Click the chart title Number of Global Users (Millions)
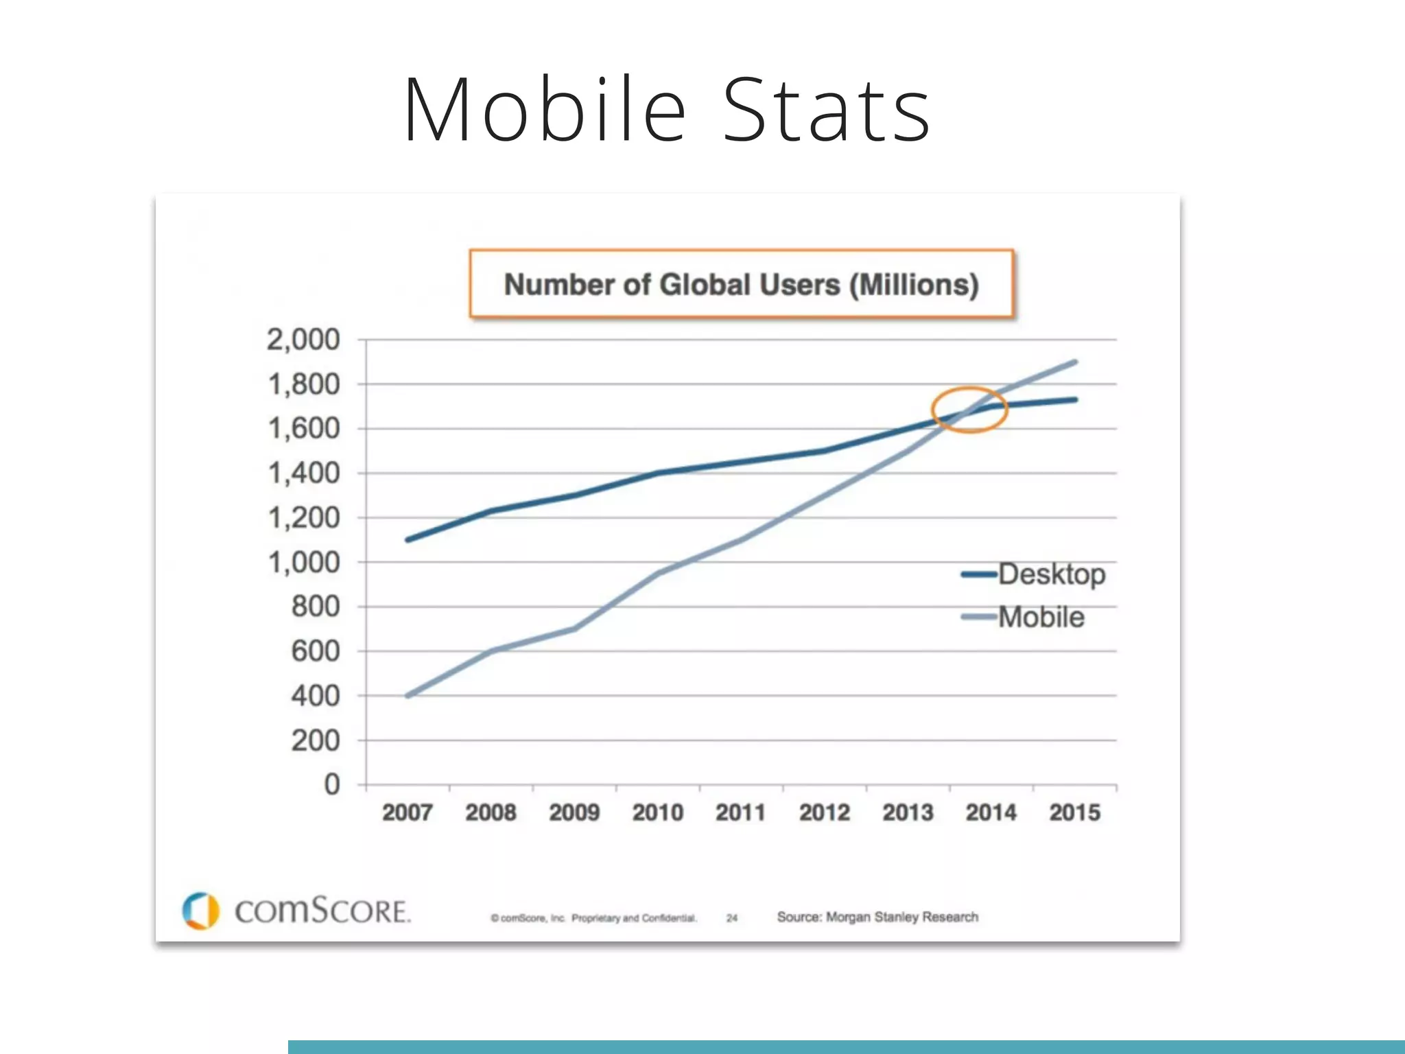tap(741, 284)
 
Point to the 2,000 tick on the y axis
tap(303, 340)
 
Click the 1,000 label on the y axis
tap(303, 563)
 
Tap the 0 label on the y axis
tap(332, 784)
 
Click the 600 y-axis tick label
tap(315, 651)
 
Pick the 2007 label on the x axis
tap(408, 812)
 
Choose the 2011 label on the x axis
tap(741, 812)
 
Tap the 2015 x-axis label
tap(1074, 812)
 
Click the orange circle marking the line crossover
tap(969, 410)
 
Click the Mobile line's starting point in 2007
tap(408, 696)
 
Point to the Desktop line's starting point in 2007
tap(408, 540)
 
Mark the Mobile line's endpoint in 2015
tap(1074, 362)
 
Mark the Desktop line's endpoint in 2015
tap(1074, 399)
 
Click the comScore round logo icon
tap(200, 911)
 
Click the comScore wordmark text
tap(322, 911)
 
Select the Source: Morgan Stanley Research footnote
tap(877, 917)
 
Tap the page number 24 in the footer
tap(732, 917)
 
